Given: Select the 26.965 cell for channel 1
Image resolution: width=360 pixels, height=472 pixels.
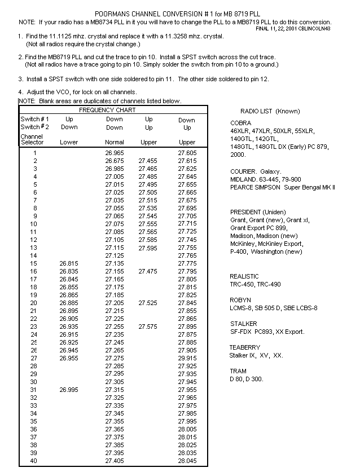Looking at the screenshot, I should [115, 153].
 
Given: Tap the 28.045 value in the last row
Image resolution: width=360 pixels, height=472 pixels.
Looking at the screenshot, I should [187, 461].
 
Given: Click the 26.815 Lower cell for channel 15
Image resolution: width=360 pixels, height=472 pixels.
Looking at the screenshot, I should [69, 263].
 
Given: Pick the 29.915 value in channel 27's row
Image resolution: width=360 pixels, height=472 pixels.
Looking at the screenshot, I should [187, 358].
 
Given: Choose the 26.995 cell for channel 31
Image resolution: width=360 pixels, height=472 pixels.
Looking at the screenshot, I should [69, 390].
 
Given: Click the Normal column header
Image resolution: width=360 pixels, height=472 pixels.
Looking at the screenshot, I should [115, 143].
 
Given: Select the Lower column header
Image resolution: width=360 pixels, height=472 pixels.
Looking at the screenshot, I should [69, 143].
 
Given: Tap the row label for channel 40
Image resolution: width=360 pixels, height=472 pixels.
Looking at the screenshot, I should [34, 461].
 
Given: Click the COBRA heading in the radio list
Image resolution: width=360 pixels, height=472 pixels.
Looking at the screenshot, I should [240, 123].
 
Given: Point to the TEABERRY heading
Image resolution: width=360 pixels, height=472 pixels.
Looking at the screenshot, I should [244, 347].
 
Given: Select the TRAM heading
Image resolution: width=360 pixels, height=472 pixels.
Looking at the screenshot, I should [238, 371].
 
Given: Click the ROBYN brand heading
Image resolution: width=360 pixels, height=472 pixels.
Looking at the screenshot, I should [240, 300].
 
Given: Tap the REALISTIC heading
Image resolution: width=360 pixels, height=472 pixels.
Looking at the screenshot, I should [244, 276].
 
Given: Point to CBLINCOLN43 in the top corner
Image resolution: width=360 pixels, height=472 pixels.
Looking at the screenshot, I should [315, 28].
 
